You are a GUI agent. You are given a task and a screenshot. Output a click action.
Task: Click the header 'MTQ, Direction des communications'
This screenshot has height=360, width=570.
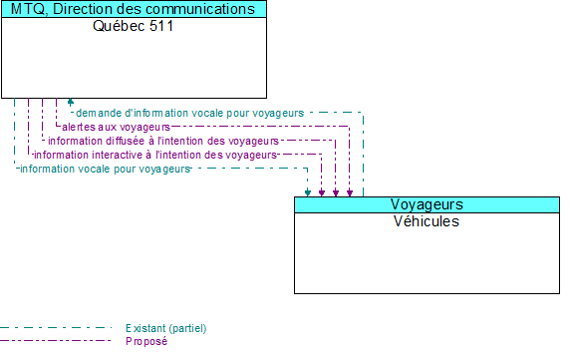pos(134,9)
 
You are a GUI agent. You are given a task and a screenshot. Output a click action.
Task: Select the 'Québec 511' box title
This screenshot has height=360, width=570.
pos(134,26)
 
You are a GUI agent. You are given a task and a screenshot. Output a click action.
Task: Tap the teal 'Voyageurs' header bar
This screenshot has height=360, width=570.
pos(427,204)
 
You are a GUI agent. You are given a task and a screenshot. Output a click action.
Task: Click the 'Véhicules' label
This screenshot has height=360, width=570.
pos(427,221)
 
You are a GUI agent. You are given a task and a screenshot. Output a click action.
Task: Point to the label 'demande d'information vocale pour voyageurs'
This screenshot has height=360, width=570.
pos(189,113)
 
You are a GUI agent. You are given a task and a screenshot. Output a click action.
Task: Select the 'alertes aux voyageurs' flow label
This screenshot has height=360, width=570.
pos(116,127)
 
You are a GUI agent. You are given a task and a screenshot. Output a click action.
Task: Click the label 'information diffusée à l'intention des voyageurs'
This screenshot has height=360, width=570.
pos(162,141)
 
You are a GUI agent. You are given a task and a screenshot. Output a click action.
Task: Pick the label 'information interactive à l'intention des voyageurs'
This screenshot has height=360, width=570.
pos(154,155)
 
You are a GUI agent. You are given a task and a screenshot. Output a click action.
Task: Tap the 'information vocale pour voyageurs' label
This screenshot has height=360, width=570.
pos(104,169)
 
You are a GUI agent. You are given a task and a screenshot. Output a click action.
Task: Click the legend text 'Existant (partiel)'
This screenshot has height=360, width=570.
pos(165,328)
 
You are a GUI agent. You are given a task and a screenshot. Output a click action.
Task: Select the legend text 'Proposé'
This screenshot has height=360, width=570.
pos(146,341)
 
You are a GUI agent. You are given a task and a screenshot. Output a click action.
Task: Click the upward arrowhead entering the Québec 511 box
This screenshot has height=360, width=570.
pos(70,102)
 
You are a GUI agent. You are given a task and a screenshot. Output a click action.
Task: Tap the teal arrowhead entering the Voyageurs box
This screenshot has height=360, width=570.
pos(308,192)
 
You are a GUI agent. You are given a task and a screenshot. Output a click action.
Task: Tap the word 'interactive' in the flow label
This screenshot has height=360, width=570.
pos(117,155)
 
